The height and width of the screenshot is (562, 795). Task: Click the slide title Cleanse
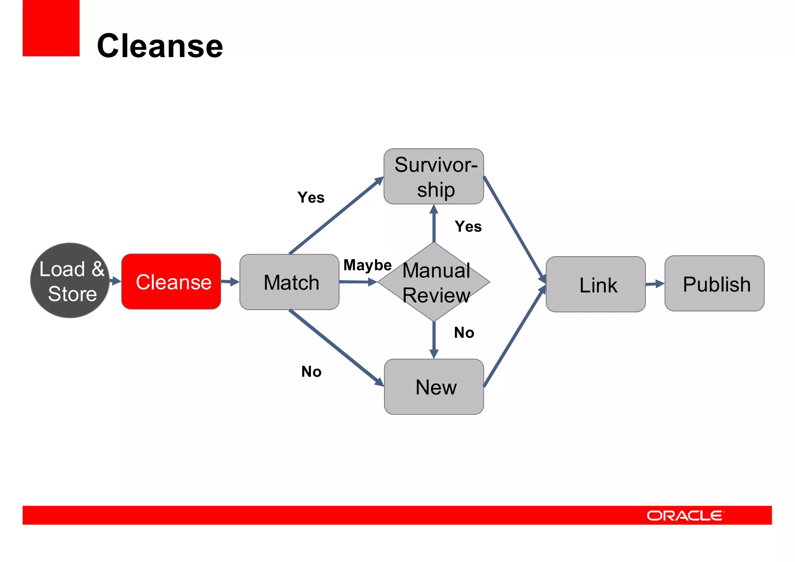(160, 46)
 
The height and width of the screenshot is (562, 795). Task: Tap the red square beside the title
(51, 28)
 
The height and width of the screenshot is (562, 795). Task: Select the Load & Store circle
(70, 280)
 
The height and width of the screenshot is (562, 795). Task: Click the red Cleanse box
(171, 282)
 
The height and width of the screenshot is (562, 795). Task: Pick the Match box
(290, 282)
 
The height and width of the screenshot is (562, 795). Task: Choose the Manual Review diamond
(434, 282)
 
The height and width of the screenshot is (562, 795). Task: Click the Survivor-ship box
(434, 176)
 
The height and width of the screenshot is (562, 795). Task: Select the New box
(434, 387)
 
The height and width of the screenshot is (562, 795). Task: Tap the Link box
(596, 284)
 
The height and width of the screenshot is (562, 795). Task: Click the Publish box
(715, 284)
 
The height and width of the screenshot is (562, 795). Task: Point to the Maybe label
(367, 265)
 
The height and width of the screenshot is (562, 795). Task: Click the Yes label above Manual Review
(468, 226)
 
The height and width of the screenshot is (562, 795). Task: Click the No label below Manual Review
(464, 332)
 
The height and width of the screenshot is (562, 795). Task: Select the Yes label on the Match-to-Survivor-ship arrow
(311, 197)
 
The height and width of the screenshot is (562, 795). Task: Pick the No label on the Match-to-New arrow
(311, 372)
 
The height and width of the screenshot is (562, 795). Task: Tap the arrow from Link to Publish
(655, 284)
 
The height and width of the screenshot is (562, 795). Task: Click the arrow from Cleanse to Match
(230, 282)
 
